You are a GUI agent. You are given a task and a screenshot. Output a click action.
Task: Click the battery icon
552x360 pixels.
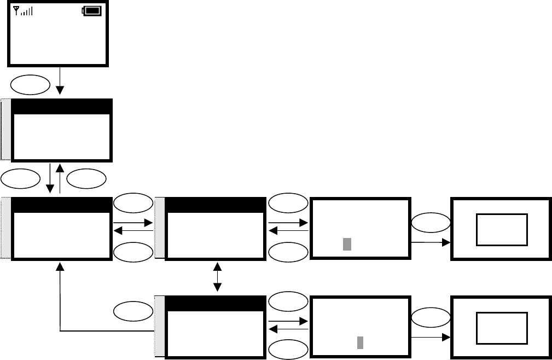pyautogui.click(x=92, y=10)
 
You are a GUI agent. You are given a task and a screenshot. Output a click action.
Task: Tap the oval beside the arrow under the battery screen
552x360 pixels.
pyautogui.click(x=30, y=83)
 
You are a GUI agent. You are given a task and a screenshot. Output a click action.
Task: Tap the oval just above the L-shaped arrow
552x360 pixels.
pyautogui.click(x=133, y=311)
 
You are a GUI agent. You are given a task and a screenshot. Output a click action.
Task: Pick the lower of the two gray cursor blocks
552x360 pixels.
pyautogui.click(x=361, y=342)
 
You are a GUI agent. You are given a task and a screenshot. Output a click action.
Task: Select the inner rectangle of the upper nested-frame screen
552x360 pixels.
pyautogui.click(x=502, y=230)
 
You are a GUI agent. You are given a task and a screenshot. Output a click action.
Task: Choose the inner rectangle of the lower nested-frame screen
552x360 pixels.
pyautogui.click(x=502, y=328)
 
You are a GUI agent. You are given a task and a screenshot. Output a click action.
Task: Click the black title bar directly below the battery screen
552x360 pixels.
pyautogui.click(x=61, y=107)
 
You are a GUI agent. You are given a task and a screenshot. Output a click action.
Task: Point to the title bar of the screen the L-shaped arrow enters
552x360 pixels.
pyautogui.click(x=59, y=205)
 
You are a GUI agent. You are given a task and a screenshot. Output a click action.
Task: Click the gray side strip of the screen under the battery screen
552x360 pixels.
pyautogui.click(x=5, y=130)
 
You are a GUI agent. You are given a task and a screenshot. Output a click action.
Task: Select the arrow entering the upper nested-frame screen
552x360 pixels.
pyautogui.click(x=430, y=242)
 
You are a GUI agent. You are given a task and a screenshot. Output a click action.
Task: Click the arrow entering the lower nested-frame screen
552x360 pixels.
pyautogui.click(x=430, y=339)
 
